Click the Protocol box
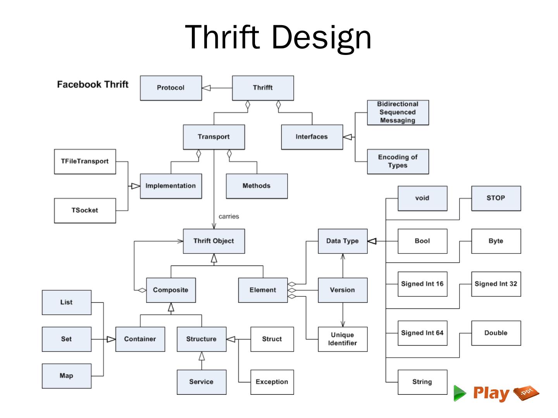pyautogui.click(x=170, y=88)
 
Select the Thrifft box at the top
pyautogui.click(x=263, y=88)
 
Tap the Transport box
pyautogui.click(x=214, y=137)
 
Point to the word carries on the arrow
pyautogui.click(x=229, y=216)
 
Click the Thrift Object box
pyautogui.click(x=214, y=241)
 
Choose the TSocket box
pyautogui.click(x=85, y=210)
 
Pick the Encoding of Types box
pyautogui.click(x=398, y=161)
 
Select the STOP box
pyautogui.click(x=496, y=198)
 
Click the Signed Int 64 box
pyautogui.click(x=422, y=333)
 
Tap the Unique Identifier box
pyautogui.click(x=343, y=339)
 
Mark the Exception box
pyautogui.click(x=272, y=382)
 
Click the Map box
pyautogui.click(x=66, y=375)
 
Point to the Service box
pyautogui.click(x=201, y=382)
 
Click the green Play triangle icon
pyautogui.click(x=460, y=393)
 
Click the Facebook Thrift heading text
pyautogui.click(x=93, y=84)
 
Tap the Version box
pyautogui.click(x=343, y=290)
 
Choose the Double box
pyautogui.click(x=496, y=333)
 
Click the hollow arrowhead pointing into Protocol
pyautogui.click(x=206, y=88)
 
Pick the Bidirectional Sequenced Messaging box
pyautogui.click(x=398, y=112)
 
